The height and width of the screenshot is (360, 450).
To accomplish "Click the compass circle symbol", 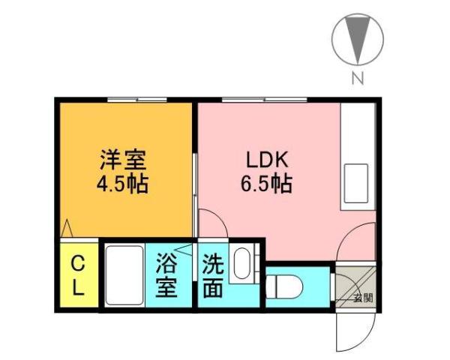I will point(358,39).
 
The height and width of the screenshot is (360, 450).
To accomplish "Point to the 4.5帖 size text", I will point(122,184).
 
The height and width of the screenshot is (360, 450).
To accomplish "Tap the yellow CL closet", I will point(78,274).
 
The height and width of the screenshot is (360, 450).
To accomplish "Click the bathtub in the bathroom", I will point(123,274).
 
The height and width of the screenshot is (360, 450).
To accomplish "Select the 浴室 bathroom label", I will point(166,275).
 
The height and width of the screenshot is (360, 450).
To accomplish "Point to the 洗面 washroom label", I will point(212,275).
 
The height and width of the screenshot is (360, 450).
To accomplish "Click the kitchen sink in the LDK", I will point(356,181).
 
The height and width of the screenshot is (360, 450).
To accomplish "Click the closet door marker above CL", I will point(67,229).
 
